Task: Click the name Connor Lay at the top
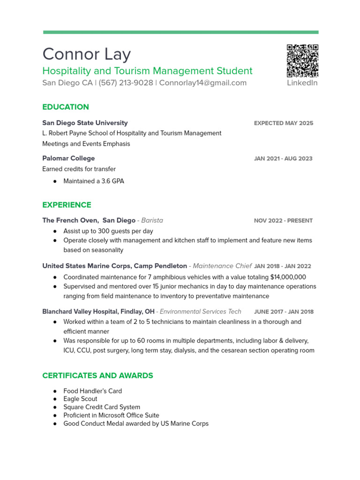86,54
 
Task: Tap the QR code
302,61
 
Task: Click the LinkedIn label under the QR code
302,83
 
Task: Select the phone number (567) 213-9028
126,83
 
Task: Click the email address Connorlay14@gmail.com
202,83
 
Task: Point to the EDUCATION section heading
66,107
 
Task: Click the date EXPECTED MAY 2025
284,123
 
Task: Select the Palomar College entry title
68,158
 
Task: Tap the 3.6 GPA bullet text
94,181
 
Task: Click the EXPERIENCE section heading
67,205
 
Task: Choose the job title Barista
152,220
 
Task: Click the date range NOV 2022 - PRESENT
283,221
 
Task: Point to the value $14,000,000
288,277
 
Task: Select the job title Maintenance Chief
222,266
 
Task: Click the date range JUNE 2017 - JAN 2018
284,312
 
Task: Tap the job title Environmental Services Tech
201,312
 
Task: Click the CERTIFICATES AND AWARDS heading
97,375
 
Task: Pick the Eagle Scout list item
81,399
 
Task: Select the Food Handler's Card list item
92,391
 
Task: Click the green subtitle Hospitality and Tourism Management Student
147,71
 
